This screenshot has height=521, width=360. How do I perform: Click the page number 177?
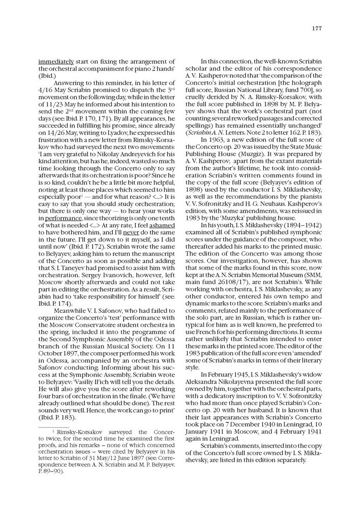click(x=317, y=28)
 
